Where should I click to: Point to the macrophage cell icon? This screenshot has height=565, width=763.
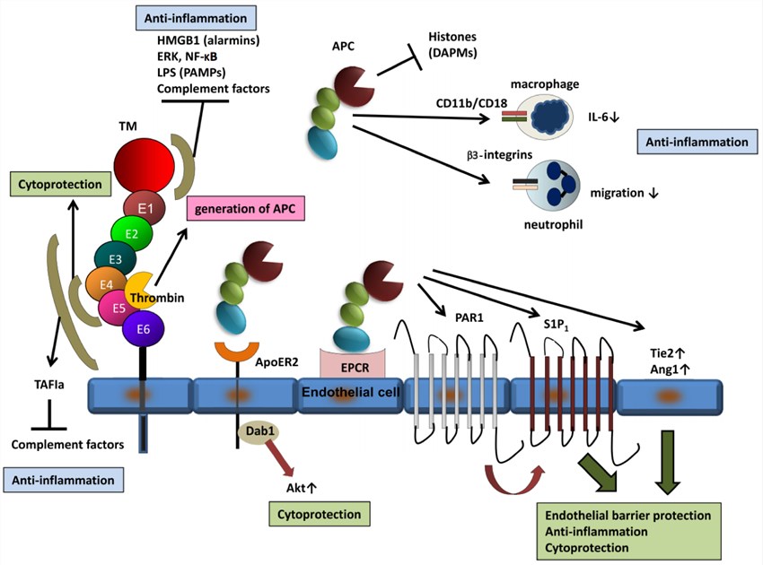point(550,118)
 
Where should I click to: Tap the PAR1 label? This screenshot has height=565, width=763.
point(464,317)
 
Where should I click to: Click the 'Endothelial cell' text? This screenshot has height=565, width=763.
point(351,393)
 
